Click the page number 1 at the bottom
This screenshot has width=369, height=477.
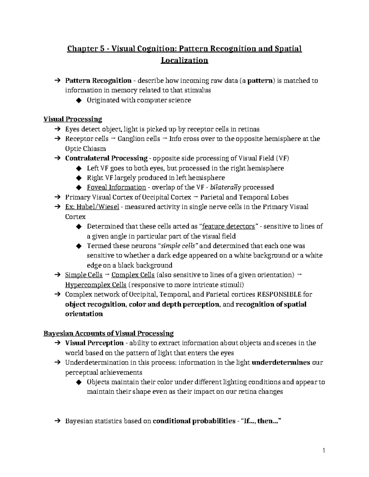[x=324, y=451]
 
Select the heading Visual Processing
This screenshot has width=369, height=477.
[x=73, y=119]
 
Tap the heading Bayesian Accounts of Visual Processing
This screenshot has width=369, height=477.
[x=109, y=334]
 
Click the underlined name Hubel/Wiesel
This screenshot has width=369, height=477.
[x=92, y=207]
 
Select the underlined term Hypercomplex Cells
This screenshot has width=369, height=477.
[x=96, y=285]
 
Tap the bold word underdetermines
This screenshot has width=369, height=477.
[x=281, y=363]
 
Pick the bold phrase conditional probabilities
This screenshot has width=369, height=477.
[x=194, y=421]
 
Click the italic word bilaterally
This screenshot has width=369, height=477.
[x=225, y=187]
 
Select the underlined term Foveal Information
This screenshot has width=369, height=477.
[x=116, y=187]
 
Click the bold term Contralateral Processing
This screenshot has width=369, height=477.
[x=106, y=158]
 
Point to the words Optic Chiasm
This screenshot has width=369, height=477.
[x=85, y=149]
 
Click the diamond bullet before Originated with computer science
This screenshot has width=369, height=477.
[x=78, y=100]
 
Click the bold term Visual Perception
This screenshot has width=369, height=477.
[x=94, y=343]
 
